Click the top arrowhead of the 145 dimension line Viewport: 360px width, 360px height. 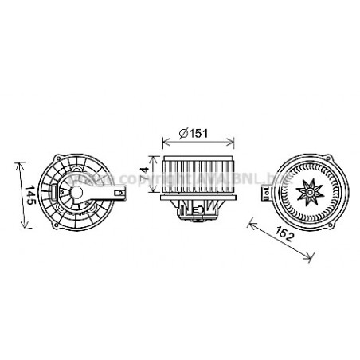coord(20,162)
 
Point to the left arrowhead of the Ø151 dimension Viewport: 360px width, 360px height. coord(164,143)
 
